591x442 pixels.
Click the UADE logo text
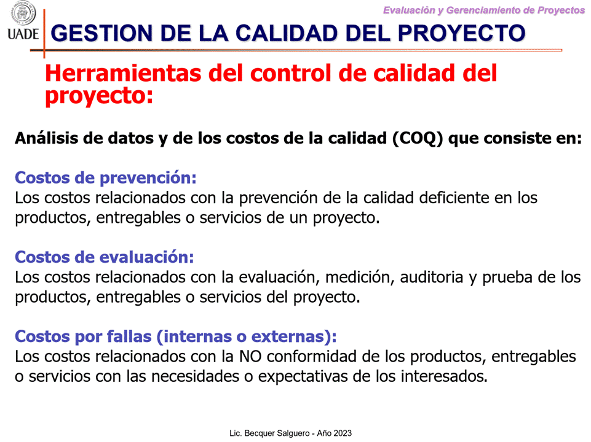point(23,34)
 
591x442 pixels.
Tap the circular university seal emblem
point(23,14)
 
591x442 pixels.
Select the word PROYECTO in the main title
point(461,33)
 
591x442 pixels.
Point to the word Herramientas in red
point(123,72)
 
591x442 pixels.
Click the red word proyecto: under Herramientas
point(99,96)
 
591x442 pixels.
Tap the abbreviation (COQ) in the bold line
point(418,138)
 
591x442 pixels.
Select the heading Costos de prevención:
point(106,177)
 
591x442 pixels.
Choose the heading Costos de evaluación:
point(105,257)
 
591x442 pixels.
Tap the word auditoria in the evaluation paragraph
point(432,277)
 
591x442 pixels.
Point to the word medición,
point(360,277)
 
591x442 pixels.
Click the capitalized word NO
point(250,357)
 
